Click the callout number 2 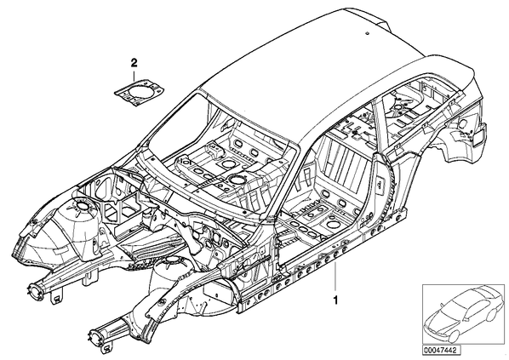[x=134, y=63]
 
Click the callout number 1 [x=335, y=300]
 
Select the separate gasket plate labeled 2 [x=140, y=89]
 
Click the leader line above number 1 [x=335, y=277]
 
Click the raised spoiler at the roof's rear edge [x=367, y=17]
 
